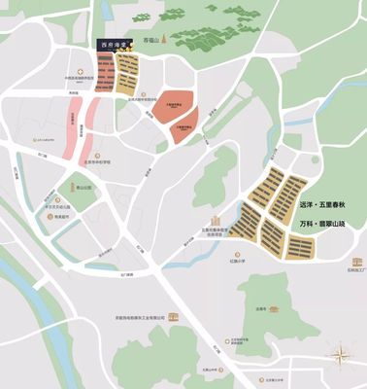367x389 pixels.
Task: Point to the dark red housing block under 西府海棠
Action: click(x=105, y=73)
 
